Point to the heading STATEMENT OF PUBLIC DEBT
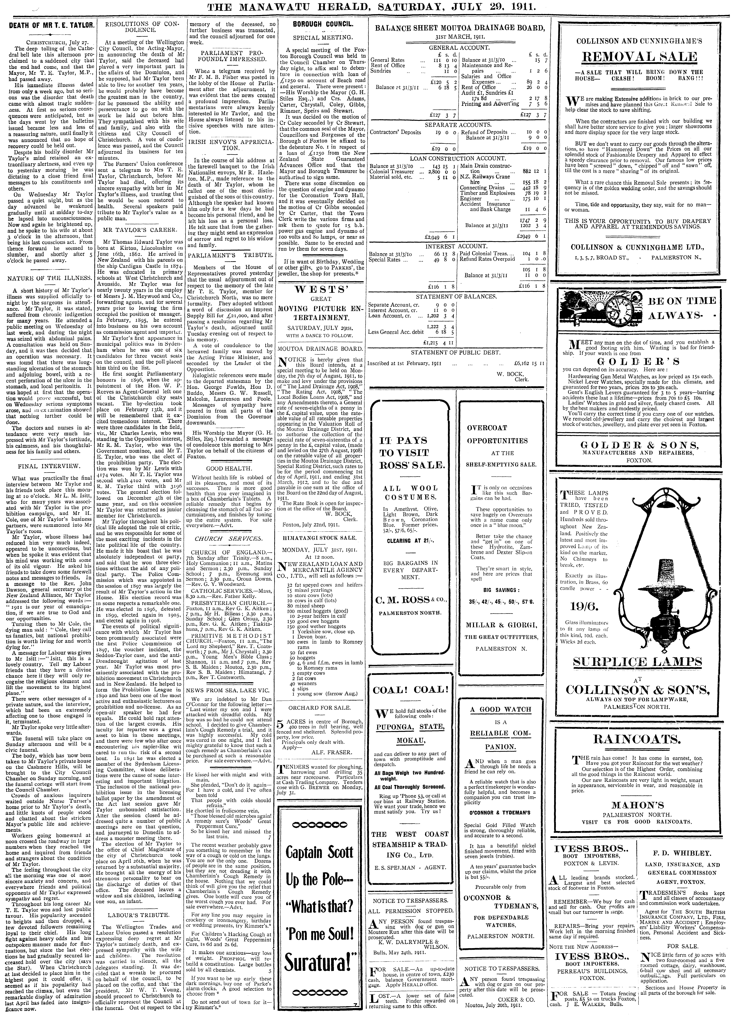point(456,352)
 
